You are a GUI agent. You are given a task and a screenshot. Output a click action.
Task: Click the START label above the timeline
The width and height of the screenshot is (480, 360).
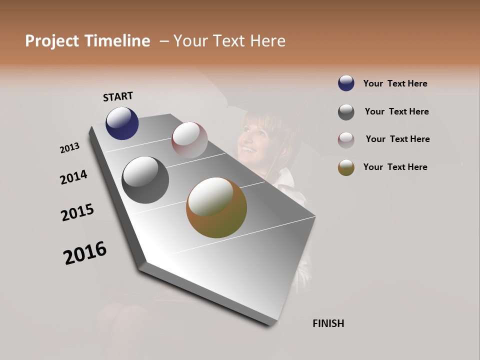pyautogui.click(x=118, y=96)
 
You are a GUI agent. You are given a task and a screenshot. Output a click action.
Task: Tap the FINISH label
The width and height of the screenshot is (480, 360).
pyautogui.click(x=328, y=323)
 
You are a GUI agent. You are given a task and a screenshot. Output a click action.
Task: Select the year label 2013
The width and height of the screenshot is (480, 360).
pyautogui.click(x=70, y=148)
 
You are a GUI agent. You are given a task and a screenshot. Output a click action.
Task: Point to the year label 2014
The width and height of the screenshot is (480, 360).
pyautogui.click(x=73, y=177)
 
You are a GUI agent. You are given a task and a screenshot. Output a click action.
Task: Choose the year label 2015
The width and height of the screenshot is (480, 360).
pyautogui.click(x=77, y=212)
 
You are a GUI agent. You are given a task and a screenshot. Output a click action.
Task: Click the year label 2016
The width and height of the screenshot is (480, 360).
pyautogui.click(x=85, y=253)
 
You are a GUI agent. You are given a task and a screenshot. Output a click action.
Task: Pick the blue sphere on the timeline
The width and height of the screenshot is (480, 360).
pyautogui.click(x=122, y=123)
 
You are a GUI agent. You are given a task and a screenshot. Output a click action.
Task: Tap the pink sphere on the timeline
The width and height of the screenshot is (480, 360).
pyautogui.click(x=189, y=140)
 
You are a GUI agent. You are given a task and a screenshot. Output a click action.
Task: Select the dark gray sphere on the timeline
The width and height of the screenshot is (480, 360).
pyautogui.click(x=145, y=180)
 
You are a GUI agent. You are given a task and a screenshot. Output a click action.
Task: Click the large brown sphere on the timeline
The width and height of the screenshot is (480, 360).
pyautogui.click(x=216, y=207)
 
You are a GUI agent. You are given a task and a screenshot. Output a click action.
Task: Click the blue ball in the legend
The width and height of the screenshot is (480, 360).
pyautogui.click(x=346, y=83)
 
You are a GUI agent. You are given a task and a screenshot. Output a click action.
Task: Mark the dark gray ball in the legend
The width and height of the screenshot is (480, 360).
pyautogui.click(x=346, y=111)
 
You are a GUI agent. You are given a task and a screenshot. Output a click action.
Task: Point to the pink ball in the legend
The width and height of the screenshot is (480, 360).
pyautogui.click(x=346, y=139)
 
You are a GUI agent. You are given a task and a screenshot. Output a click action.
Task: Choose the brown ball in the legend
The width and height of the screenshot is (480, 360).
pyautogui.click(x=346, y=167)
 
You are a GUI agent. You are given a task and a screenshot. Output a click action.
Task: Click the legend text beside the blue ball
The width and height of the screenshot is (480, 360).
pyautogui.click(x=395, y=83)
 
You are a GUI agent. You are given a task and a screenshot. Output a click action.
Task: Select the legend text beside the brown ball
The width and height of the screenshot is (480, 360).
pyautogui.click(x=395, y=167)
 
